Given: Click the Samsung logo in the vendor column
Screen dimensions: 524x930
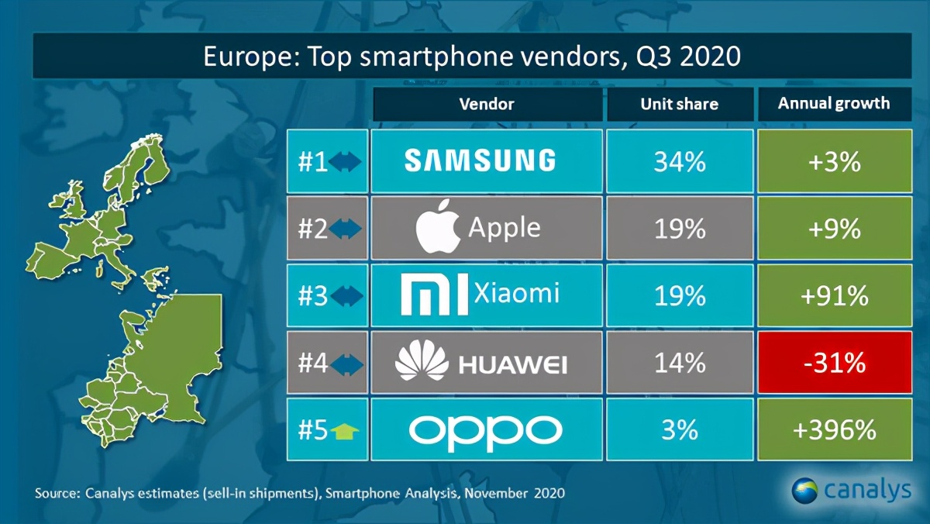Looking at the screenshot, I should pyautogui.click(x=480, y=160).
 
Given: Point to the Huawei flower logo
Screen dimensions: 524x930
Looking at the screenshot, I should pyautogui.click(x=422, y=363).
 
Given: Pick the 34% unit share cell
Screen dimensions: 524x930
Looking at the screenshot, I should pyautogui.click(x=680, y=161).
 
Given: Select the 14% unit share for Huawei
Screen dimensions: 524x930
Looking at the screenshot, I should pyautogui.click(x=680, y=363).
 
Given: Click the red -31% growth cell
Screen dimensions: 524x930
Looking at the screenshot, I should pyautogui.click(x=834, y=363).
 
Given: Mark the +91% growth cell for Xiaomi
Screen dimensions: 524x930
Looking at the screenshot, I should pyautogui.click(x=834, y=295).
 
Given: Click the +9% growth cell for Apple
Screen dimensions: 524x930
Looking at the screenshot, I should pyautogui.click(x=834, y=229).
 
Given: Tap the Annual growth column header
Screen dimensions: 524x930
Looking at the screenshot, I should pyautogui.click(x=834, y=103).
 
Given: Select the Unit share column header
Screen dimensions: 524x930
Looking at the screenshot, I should pyautogui.click(x=680, y=104).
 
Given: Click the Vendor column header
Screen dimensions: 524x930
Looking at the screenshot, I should pyautogui.click(x=487, y=104).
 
